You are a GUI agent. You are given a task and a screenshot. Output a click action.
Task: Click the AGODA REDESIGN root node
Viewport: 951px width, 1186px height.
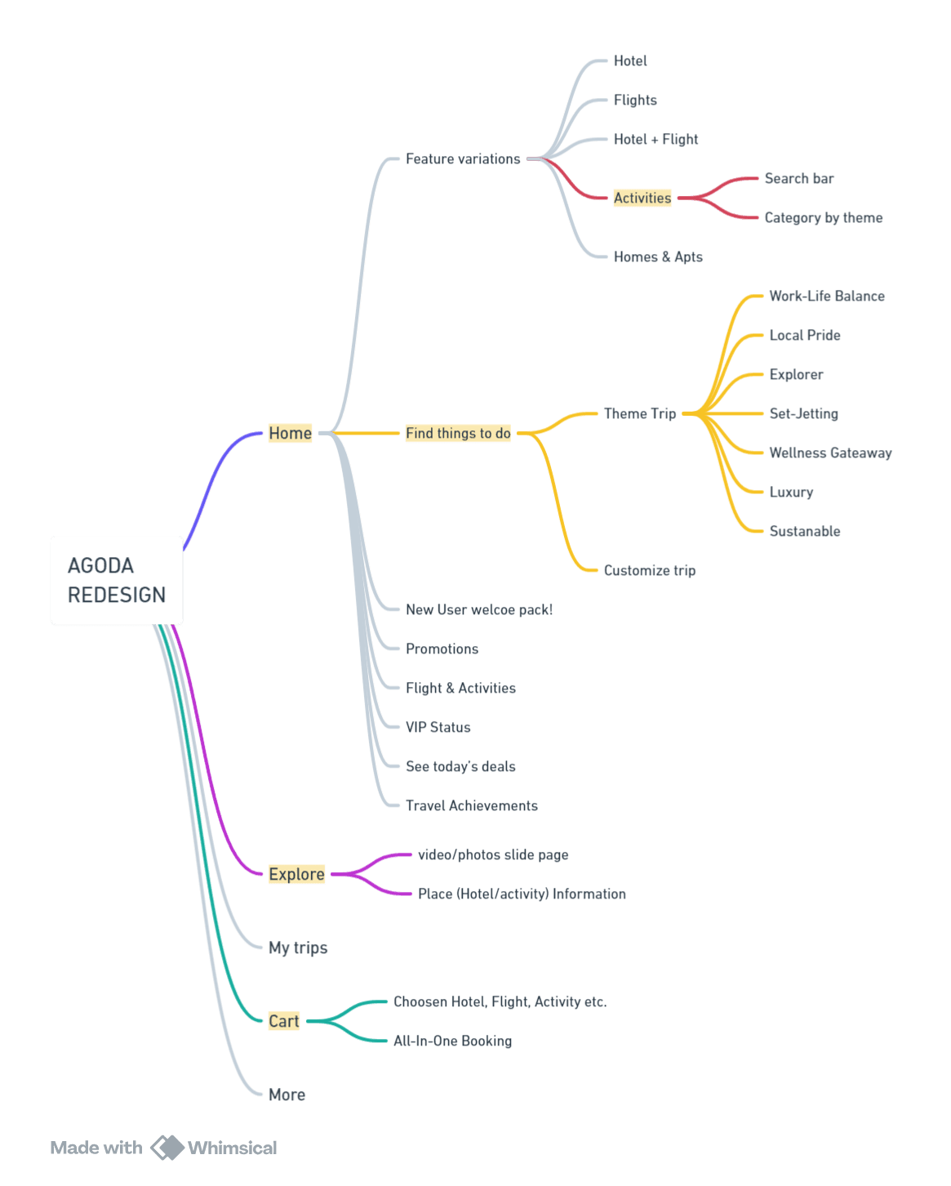click(116, 580)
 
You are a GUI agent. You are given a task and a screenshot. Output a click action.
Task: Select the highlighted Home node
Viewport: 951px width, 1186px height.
click(290, 433)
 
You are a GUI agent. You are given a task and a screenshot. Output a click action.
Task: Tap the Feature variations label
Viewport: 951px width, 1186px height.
click(463, 158)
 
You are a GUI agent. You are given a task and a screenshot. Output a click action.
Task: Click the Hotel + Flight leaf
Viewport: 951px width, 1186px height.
click(655, 139)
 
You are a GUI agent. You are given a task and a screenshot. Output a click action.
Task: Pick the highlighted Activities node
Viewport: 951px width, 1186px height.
click(642, 198)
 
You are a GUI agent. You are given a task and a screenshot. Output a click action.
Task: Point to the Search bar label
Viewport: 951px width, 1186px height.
click(799, 178)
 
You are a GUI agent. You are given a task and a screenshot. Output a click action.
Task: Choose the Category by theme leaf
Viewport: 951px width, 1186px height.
click(823, 218)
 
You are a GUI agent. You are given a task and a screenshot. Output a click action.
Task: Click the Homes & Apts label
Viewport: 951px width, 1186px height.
click(658, 256)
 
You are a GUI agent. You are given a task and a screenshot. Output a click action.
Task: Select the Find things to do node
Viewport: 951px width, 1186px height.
click(458, 433)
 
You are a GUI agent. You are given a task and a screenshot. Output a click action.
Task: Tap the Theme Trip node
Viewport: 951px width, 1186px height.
click(640, 413)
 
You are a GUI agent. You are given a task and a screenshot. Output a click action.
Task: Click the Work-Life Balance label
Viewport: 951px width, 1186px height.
click(826, 296)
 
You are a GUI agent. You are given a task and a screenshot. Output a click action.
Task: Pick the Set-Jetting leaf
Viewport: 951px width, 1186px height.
click(803, 413)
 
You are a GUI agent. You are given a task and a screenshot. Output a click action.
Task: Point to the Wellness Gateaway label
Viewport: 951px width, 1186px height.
click(830, 453)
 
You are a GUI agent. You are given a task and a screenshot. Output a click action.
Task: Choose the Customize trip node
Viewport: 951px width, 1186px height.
click(650, 570)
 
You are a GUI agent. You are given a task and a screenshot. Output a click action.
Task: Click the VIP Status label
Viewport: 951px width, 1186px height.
click(438, 727)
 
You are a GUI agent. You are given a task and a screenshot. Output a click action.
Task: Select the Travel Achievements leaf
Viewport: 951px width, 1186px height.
click(472, 805)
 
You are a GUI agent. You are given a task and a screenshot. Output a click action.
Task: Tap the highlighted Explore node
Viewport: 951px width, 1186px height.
click(296, 874)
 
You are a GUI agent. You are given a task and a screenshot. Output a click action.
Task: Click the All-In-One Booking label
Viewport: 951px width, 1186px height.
click(452, 1041)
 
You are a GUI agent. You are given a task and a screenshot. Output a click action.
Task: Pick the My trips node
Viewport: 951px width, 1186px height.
click(297, 947)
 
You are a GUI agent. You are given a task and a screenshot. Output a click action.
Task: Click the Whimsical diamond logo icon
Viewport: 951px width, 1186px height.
click(167, 1148)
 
